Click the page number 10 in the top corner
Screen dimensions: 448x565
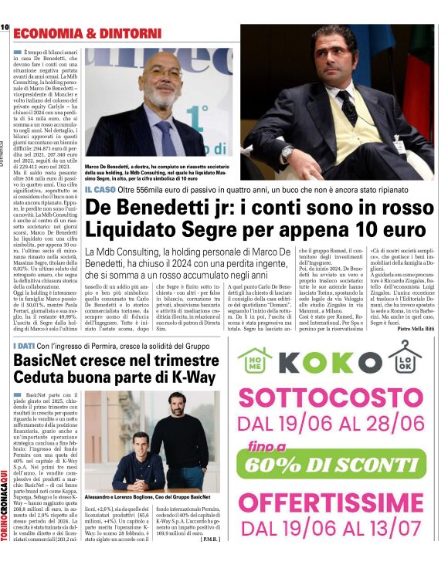pos(5,27)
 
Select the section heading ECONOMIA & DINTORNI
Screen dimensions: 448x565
pos(87,33)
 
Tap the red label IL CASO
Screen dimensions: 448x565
pos(101,189)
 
